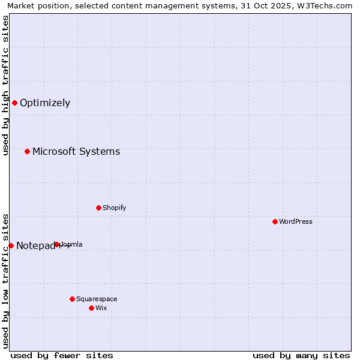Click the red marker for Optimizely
click(14, 103)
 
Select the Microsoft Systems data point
click(27, 151)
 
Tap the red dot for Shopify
click(98, 208)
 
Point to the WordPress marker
click(275, 221)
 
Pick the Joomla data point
click(57, 244)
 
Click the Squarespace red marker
click(72, 299)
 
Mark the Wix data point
click(91, 308)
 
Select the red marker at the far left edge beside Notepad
click(11, 245)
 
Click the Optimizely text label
click(45, 103)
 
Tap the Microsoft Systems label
click(76, 151)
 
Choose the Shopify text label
click(114, 208)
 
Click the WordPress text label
click(296, 221)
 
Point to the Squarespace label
click(97, 299)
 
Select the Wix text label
click(101, 308)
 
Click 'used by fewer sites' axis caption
click(62, 355)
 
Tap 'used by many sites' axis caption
click(301, 355)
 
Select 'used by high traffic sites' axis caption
click(6, 85)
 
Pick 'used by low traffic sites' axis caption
click(6, 280)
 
